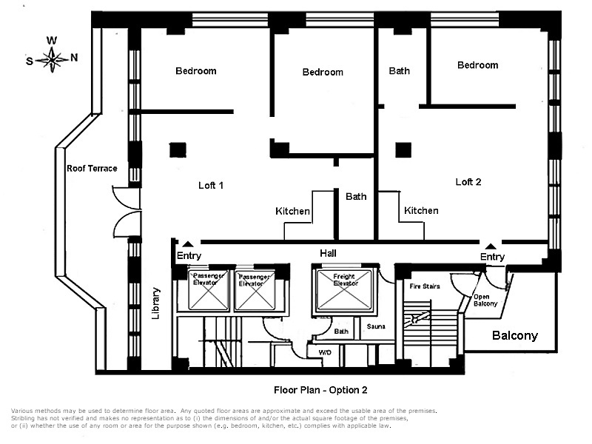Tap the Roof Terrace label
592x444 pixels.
pos(92,169)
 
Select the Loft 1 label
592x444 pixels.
pos(211,185)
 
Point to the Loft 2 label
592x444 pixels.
pos(468,181)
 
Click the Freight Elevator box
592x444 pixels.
pos(344,289)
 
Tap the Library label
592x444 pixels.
pos(156,303)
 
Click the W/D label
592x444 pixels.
pos(325,352)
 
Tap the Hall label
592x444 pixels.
pos(328,253)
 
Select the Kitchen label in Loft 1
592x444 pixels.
pos(293,212)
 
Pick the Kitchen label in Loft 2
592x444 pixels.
pos(421,211)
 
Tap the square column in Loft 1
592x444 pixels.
pos(177,149)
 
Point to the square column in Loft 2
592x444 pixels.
pos(403,149)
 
